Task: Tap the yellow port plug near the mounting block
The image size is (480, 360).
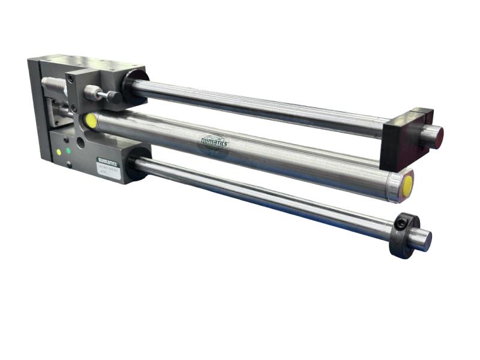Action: (x=91, y=121)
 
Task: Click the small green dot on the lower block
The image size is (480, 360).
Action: (x=68, y=150)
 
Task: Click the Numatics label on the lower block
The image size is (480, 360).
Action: (x=108, y=161)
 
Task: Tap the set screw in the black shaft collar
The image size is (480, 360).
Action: (x=400, y=224)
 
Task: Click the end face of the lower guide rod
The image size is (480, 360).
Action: (x=422, y=241)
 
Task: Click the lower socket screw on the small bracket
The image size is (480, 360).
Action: (x=74, y=108)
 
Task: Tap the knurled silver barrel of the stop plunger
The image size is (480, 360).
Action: (x=92, y=92)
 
